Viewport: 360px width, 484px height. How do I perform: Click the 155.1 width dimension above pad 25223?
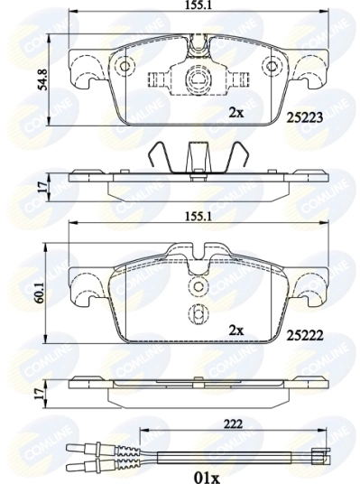coord(191,7)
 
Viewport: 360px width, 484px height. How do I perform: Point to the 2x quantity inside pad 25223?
coord(235,113)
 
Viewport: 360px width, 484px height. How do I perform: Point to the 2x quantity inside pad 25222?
coord(235,331)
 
